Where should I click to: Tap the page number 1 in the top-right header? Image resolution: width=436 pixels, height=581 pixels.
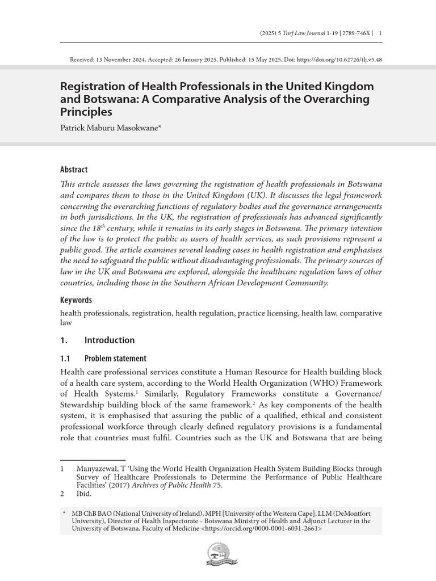tap(380, 33)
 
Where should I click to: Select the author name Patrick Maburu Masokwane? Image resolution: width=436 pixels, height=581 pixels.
tap(110, 129)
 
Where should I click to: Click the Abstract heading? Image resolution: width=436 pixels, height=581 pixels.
tap(74, 169)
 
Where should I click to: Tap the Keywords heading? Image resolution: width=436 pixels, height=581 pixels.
tap(76, 300)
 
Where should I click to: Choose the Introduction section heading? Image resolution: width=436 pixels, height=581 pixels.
tap(109, 340)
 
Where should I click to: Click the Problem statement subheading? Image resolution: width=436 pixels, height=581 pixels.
tap(115, 359)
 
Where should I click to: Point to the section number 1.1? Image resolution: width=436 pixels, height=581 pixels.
tap(65, 359)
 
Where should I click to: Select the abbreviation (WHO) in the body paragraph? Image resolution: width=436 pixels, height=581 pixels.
tap(320, 383)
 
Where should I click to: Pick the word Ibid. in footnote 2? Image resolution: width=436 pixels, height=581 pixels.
tap(84, 494)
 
